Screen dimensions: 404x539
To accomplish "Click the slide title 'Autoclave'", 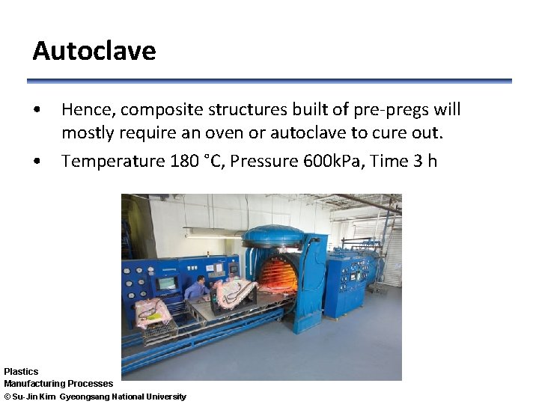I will coord(94,51).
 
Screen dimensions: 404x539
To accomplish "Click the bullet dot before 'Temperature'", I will coord(37,162).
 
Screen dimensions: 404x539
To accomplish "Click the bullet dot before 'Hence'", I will coord(37,111).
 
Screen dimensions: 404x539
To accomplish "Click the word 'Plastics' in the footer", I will coord(21,371).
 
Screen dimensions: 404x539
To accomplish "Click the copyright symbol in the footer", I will coord(7,397).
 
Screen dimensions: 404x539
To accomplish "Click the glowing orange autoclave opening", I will coord(278,274).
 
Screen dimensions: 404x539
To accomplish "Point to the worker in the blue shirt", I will coord(196,287).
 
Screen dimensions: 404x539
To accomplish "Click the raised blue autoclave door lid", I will coord(273,236).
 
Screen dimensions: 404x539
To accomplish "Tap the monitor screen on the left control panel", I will coord(165,284).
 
